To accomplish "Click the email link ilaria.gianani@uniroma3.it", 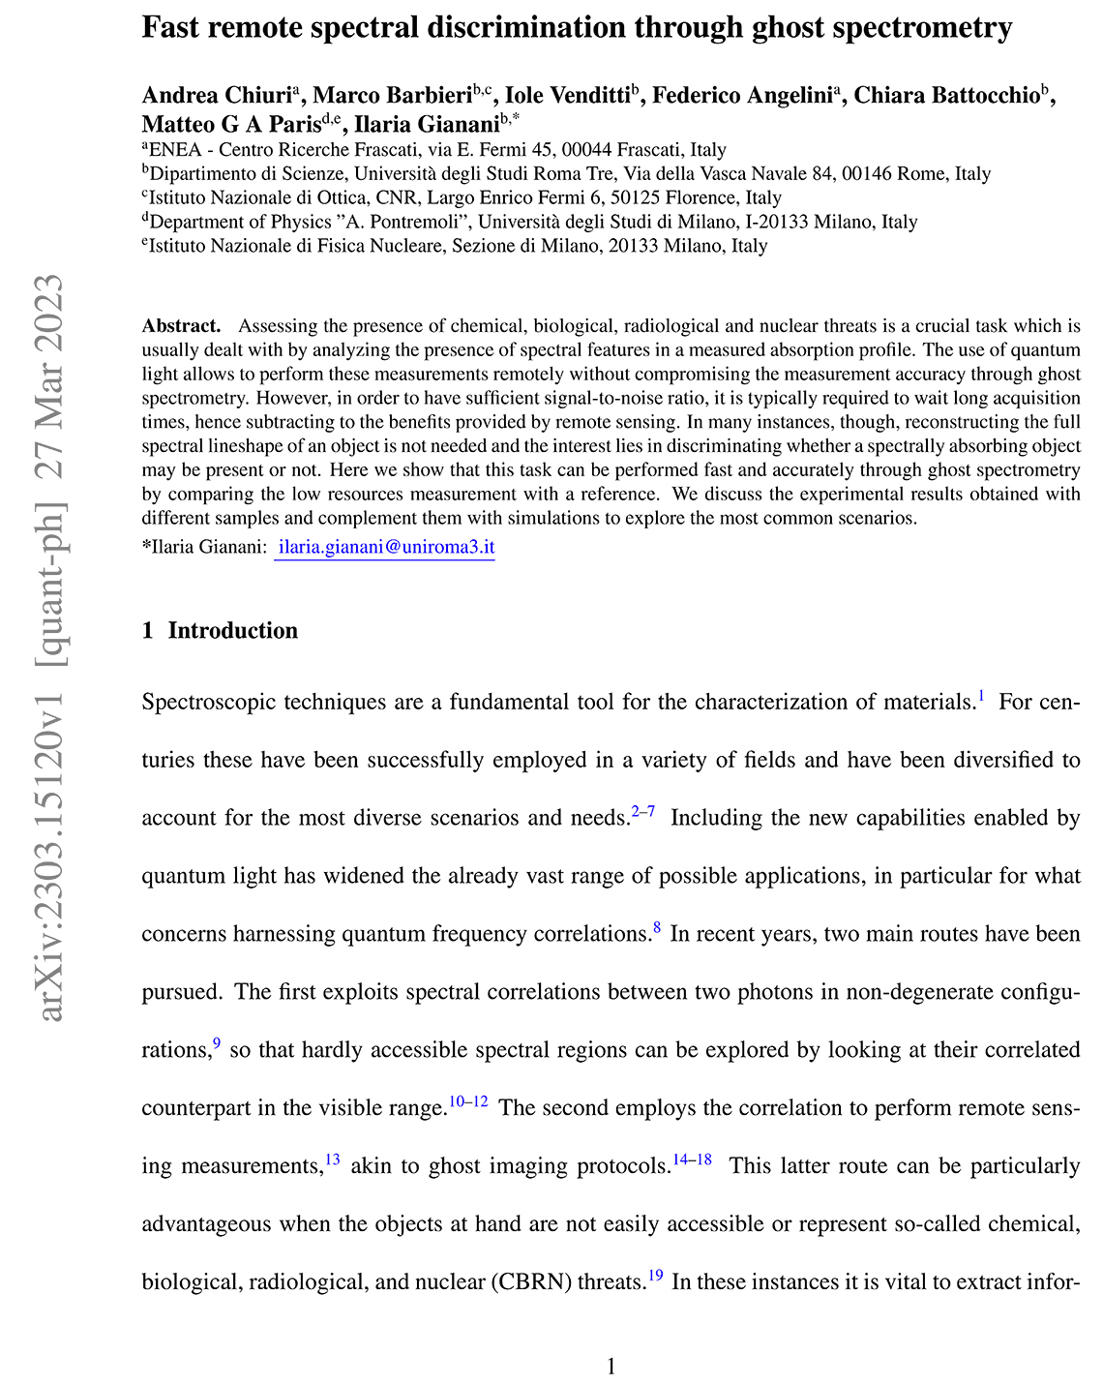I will pyautogui.click(x=385, y=547).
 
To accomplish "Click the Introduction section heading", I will pyautogui.click(x=232, y=631).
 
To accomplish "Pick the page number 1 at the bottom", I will pyautogui.click(x=611, y=1366).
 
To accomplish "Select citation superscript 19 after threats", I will pyautogui.click(x=655, y=1277).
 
